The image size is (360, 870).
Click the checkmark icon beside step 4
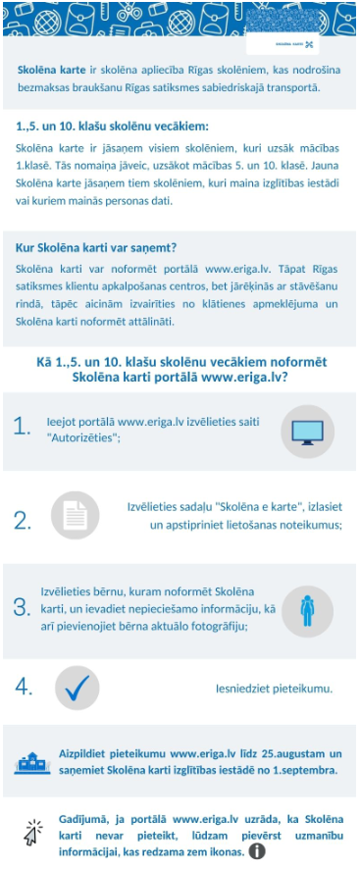click(77, 687)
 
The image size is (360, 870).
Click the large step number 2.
click(23, 521)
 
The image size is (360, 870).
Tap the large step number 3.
click(22, 607)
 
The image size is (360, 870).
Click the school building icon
click(32, 761)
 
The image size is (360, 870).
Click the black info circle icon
click(258, 851)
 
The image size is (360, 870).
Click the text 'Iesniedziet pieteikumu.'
click(274, 689)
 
